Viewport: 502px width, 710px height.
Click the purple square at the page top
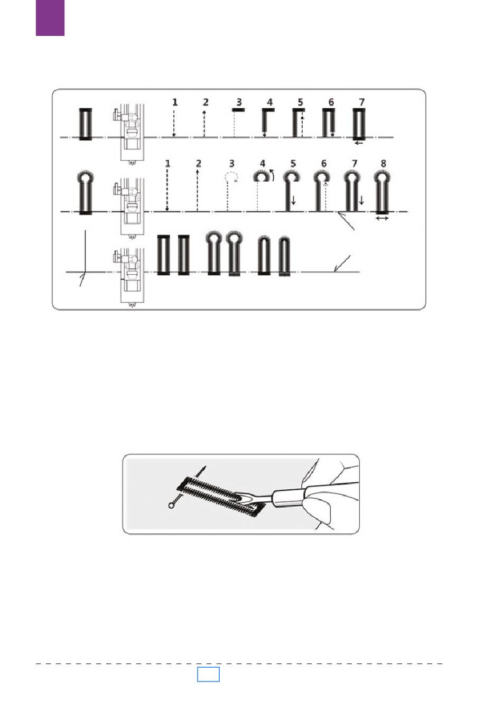[50, 18]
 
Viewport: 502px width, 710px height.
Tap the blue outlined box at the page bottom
[208, 674]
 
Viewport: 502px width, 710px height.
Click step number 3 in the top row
[239, 102]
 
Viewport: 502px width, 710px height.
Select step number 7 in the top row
[361, 102]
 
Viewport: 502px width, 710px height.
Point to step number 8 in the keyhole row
[384, 164]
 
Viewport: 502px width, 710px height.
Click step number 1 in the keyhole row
[168, 164]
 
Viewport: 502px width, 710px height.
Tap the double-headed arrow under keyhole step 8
[382, 218]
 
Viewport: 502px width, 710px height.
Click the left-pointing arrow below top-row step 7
[359, 143]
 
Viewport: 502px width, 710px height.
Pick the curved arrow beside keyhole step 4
[272, 175]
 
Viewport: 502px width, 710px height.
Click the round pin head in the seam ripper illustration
[172, 506]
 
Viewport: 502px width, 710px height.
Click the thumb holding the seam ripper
[317, 507]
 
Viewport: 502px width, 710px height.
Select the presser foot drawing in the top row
[129, 134]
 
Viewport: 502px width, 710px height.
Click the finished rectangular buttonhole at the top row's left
[85, 124]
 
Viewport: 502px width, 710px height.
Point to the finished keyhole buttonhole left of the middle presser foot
[85, 193]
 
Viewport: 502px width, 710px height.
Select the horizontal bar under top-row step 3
[238, 110]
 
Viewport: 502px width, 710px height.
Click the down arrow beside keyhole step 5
[293, 200]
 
